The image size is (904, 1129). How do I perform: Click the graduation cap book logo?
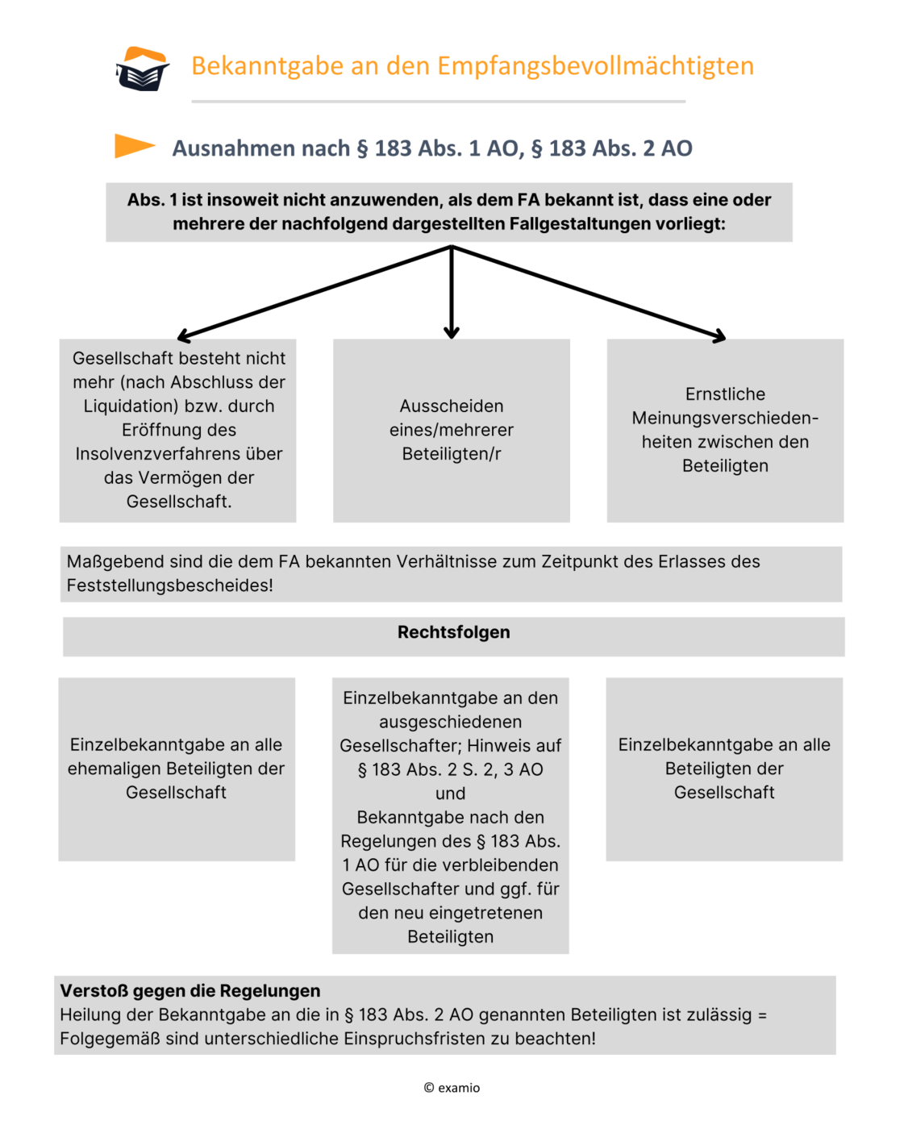pyautogui.click(x=143, y=69)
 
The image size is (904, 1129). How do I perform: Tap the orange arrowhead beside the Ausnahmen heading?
pyautogui.click(x=133, y=146)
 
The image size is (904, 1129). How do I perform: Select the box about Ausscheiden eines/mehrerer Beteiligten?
pyautogui.click(x=451, y=430)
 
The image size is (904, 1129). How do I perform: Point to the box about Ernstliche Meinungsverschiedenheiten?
pyautogui.click(x=725, y=430)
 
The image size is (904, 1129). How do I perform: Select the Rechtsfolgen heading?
pyautogui.click(x=453, y=632)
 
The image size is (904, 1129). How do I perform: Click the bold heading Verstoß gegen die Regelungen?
pyautogui.click(x=190, y=990)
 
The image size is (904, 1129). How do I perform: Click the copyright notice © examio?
pyautogui.click(x=452, y=1088)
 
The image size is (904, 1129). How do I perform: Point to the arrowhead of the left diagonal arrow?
pyautogui.click(x=181, y=336)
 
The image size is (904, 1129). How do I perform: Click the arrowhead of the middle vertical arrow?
pyautogui.click(x=452, y=332)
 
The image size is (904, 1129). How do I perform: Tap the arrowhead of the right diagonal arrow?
pyautogui.click(x=720, y=336)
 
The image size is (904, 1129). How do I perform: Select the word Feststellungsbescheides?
pyautogui.click(x=169, y=585)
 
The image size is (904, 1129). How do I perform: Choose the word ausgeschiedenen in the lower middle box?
pyautogui.click(x=450, y=722)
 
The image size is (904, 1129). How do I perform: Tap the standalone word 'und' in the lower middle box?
pyautogui.click(x=450, y=794)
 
